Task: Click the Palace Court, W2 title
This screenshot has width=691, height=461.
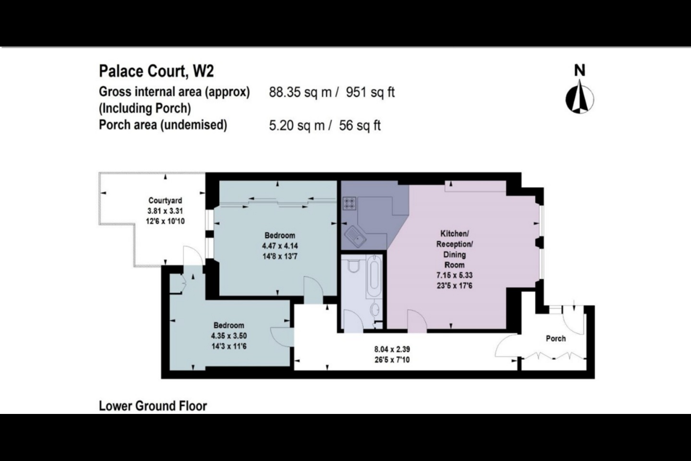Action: [x=156, y=71]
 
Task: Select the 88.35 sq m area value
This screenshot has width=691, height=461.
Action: [x=300, y=92]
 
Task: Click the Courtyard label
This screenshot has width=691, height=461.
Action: [x=165, y=201]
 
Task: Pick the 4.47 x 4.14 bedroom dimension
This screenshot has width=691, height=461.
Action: [x=280, y=246]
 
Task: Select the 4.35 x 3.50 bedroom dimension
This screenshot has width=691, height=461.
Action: [x=229, y=336]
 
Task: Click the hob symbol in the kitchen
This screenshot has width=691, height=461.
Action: [x=349, y=204]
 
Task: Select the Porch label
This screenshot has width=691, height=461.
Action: [x=556, y=339]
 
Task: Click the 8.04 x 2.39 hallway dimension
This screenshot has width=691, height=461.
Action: [x=392, y=350]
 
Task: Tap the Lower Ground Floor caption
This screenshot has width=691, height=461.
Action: [x=153, y=406]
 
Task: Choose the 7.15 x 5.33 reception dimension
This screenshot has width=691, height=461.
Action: [x=454, y=275]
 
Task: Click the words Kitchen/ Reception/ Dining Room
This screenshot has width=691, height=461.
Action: [x=454, y=249]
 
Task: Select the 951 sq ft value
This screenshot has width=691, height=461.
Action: [x=370, y=92]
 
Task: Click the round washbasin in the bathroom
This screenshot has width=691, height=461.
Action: [x=375, y=309]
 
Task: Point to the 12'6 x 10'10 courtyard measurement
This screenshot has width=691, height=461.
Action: [x=165, y=221]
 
